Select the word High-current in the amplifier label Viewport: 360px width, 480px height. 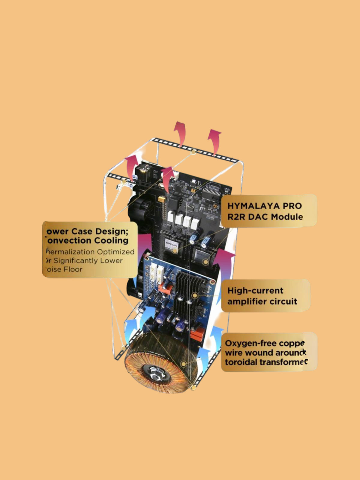tap(255, 290)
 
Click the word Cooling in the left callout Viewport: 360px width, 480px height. tap(111, 241)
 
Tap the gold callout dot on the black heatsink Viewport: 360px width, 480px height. tap(195, 295)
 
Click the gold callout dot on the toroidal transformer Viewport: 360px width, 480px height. tap(184, 364)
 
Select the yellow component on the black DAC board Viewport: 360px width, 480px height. tap(162, 199)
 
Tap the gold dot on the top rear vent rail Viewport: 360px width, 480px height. tap(194, 152)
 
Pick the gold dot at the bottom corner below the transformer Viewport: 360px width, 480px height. tap(193, 388)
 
